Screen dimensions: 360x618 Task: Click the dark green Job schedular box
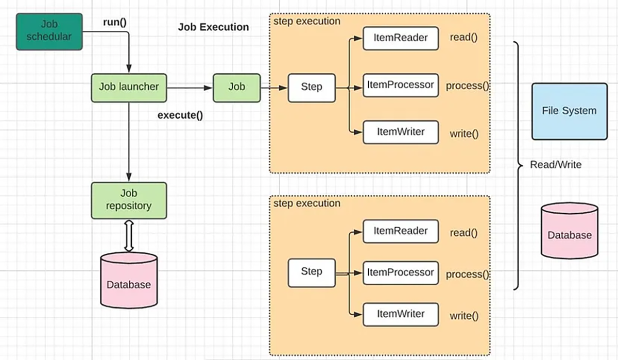tap(49, 31)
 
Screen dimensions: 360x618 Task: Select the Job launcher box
tap(129, 87)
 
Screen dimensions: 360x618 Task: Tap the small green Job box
tap(236, 87)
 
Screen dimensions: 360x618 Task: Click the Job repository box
tap(129, 200)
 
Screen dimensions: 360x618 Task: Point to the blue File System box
tap(569, 111)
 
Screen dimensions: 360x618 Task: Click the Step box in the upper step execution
tap(311, 87)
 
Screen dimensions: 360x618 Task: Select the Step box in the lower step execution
tap(311, 272)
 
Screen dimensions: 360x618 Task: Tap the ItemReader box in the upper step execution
tap(400, 38)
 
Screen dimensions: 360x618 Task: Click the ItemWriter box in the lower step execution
tap(400, 314)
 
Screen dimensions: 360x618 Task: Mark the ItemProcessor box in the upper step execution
tap(400, 85)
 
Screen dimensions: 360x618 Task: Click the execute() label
tap(180, 115)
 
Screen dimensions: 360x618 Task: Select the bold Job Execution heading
tap(213, 27)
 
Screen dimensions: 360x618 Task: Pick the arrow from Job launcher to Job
tap(190, 87)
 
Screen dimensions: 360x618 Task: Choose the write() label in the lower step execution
tap(464, 315)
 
